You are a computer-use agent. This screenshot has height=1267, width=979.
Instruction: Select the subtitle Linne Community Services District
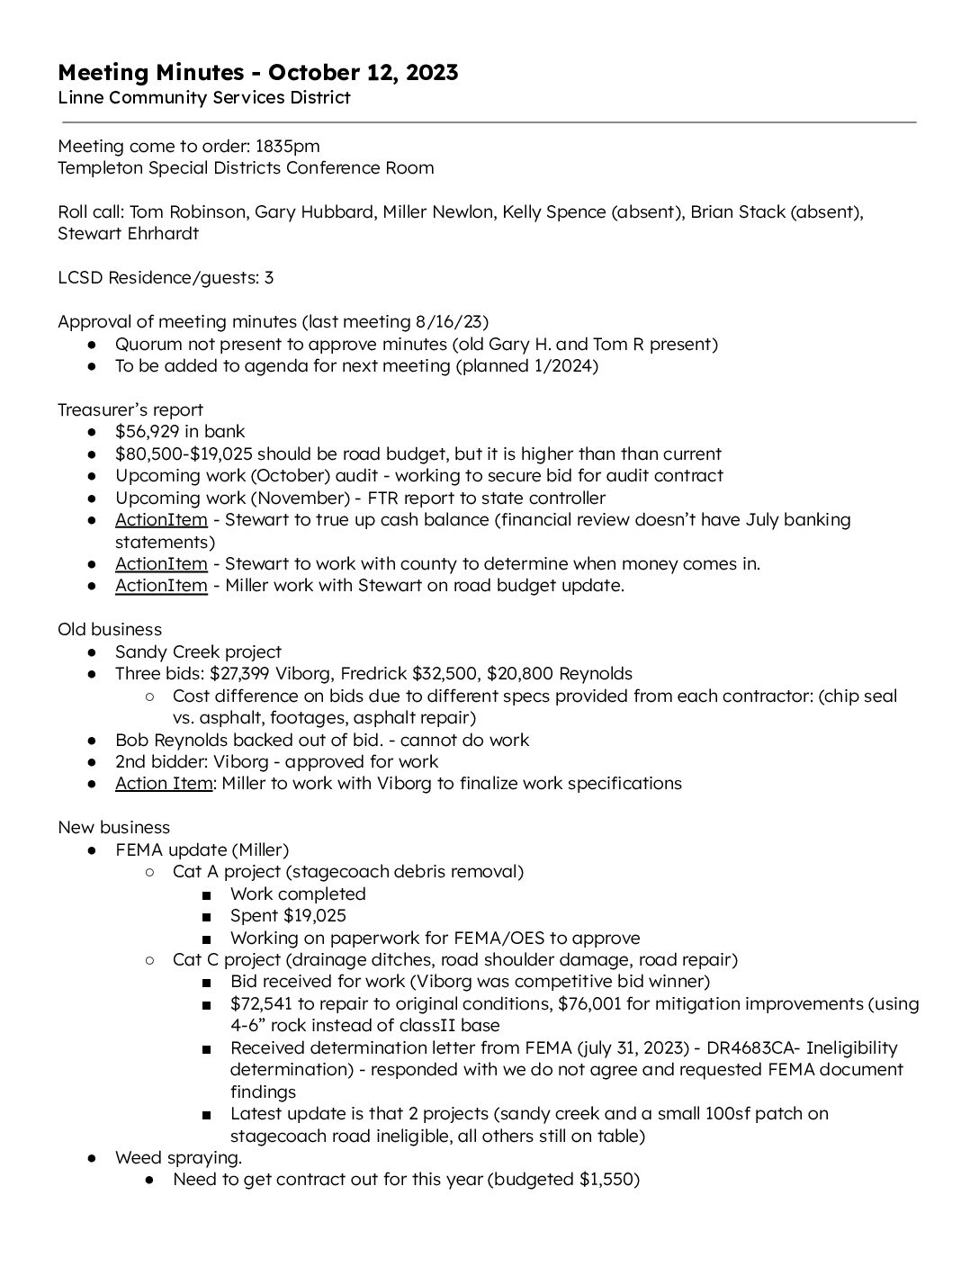[x=203, y=97]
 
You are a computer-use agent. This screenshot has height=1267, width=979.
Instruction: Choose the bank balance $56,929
[x=148, y=432]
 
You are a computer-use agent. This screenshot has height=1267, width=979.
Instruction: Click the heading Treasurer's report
[x=130, y=409]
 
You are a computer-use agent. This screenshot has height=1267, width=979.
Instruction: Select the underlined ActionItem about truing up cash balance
[x=161, y=519]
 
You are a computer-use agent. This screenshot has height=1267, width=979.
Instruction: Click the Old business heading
[x=110, y=629]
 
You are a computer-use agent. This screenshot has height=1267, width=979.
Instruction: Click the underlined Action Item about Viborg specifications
[x=164, y=783]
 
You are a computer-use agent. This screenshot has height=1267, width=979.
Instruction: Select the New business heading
[x=113, y=827]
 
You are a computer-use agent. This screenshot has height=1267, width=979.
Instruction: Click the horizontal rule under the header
[x=489, y=121]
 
